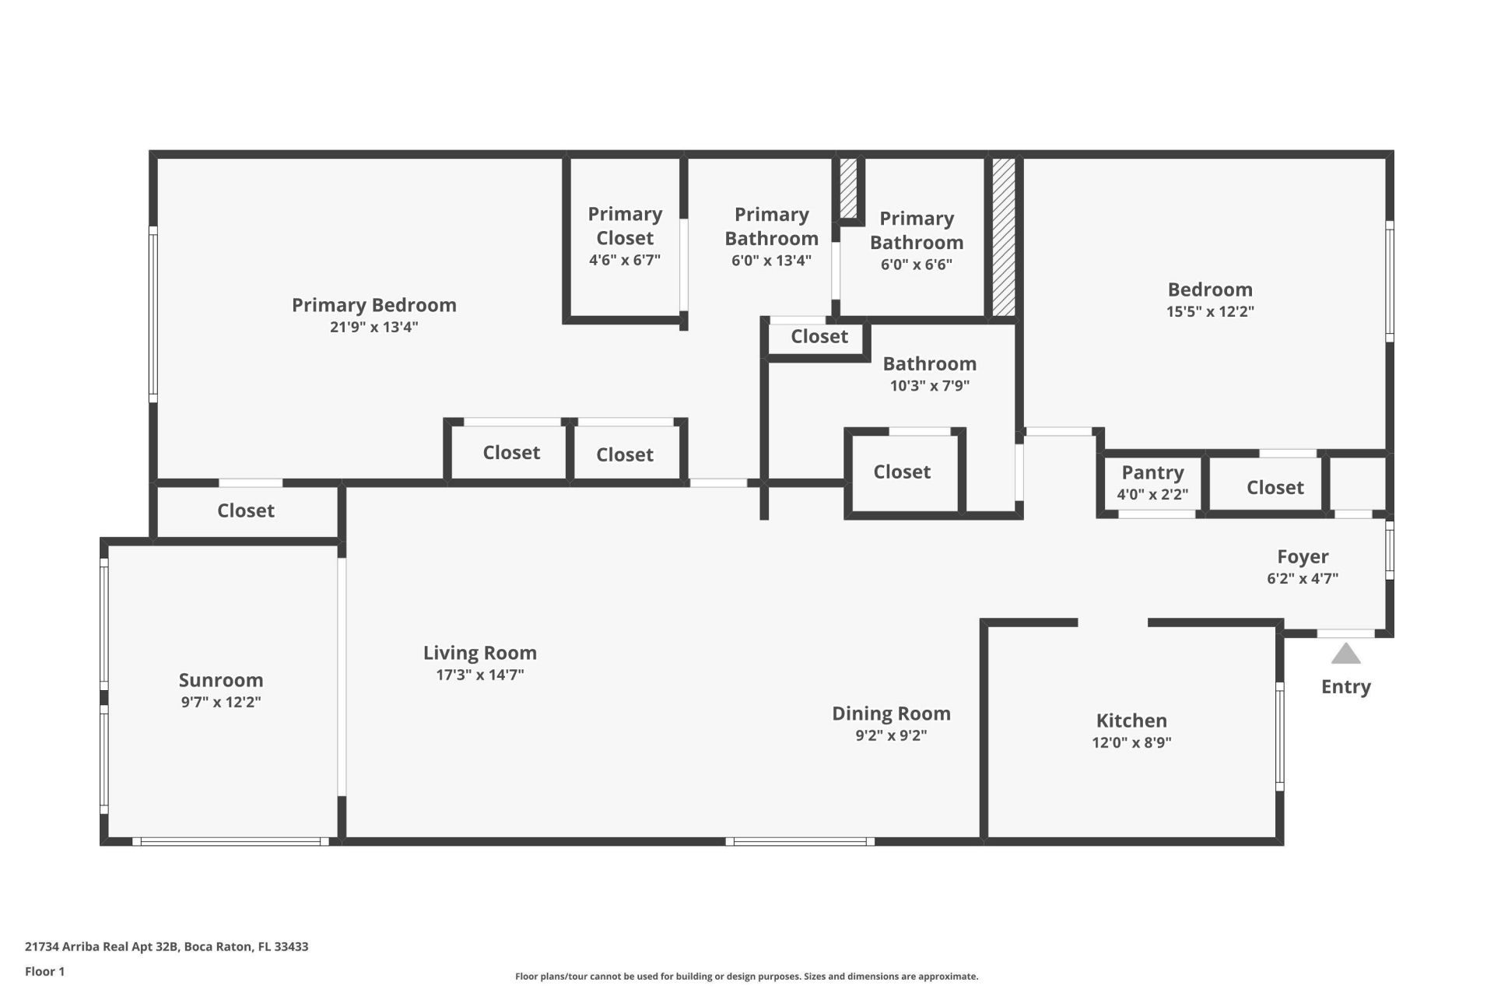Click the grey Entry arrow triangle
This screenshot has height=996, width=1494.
[x=1345, y=654]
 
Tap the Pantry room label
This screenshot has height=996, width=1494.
[x=1152, y=472]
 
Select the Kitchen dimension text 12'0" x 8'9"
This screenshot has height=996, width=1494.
[x=1131, y=742]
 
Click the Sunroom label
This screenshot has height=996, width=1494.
[x=221, y=680]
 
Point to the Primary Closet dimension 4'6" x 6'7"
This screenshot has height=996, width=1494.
[x=625, y=260]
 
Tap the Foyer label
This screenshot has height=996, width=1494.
[x=1303, y=556]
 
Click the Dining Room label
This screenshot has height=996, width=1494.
[x=891, y=714]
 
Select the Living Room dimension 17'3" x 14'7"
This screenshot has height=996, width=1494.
[x=480, y=675]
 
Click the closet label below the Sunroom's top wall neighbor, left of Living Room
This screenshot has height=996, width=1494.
[x=246, y=510]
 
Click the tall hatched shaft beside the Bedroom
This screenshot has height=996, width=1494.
[x=1003, y=237]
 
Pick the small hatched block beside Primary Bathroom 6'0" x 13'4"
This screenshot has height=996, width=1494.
[x=848, y=189]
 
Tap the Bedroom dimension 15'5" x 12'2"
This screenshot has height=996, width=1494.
[x=1210, y=311]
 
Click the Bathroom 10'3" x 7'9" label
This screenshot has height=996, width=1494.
[x=929, y=364]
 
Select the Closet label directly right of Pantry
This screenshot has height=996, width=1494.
[x=1275, y=487]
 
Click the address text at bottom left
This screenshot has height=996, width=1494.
[x=167, y=946]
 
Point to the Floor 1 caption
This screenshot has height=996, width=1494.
[x=44, y=971]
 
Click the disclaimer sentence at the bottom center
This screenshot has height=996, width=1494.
[x=746, y=976]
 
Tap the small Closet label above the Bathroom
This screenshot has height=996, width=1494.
[x=819, y=336]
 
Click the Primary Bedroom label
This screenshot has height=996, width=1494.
[x=373, y=305]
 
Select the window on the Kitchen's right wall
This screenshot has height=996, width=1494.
[x=1279, y=736]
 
